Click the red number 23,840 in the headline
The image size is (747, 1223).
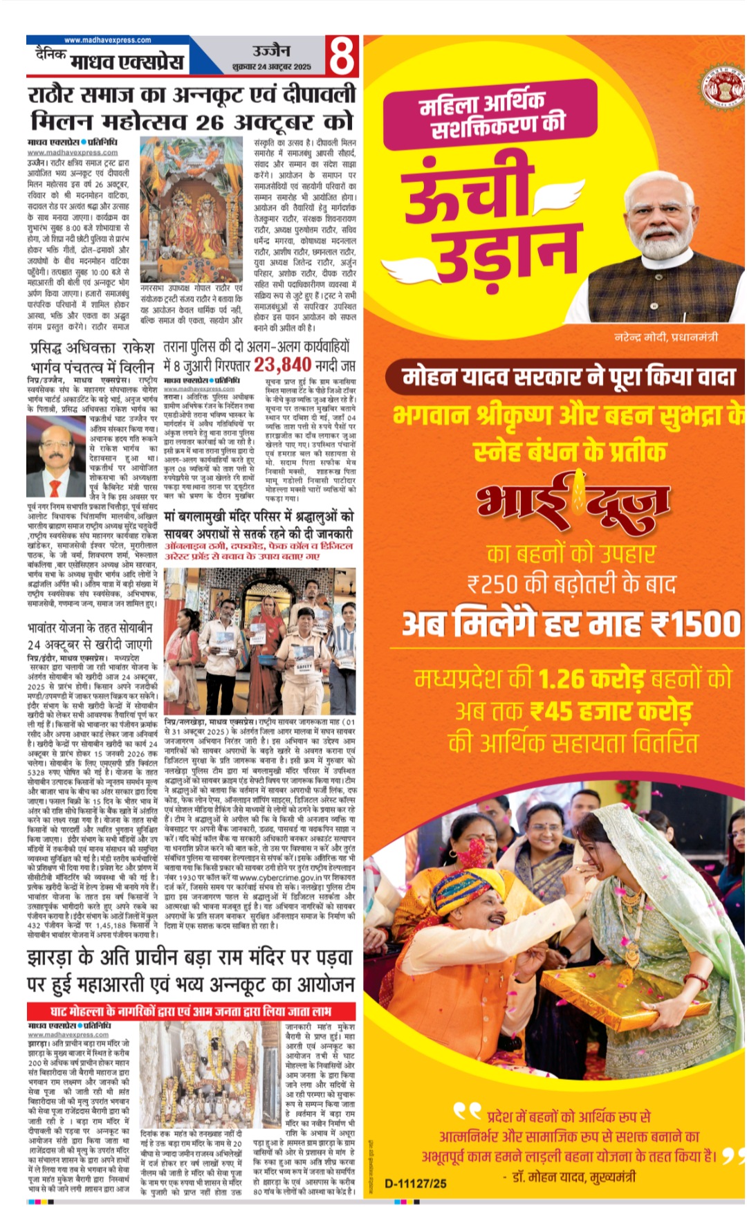282,365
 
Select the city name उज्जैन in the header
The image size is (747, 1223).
271,51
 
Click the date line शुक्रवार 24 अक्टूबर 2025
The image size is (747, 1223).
272,67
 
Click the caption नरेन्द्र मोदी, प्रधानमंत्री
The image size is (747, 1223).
666,337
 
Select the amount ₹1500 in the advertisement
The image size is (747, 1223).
695,625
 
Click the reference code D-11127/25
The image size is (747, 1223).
416,1184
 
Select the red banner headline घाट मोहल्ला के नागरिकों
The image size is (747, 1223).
191,1011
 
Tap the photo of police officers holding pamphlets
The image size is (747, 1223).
260,642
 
